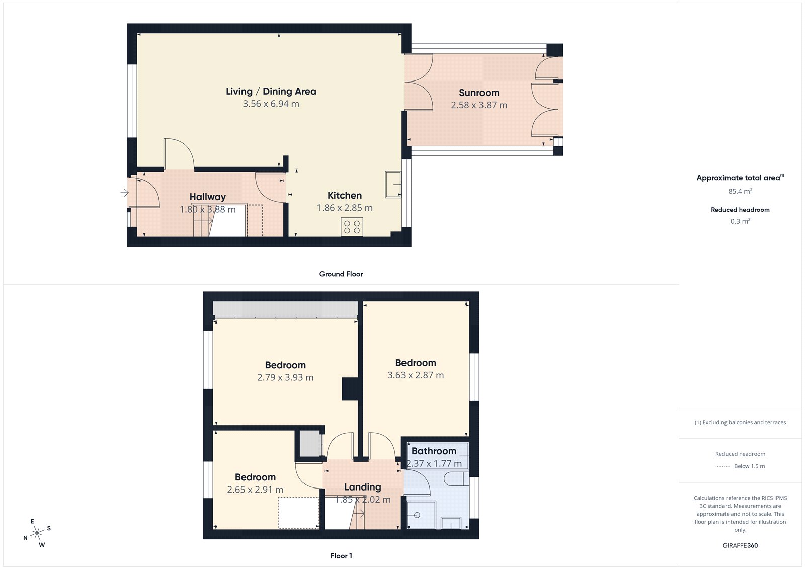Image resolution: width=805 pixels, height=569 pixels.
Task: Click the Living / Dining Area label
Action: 271,92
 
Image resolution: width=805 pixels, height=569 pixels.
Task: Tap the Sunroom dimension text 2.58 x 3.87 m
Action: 479,105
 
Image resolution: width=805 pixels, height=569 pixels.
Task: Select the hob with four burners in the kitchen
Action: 352,227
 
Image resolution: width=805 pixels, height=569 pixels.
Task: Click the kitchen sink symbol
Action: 393,185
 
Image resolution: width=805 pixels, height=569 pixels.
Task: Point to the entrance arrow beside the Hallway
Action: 124,193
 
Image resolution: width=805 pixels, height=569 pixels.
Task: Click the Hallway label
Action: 207,197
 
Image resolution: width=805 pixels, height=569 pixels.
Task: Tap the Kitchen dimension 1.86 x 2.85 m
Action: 345,208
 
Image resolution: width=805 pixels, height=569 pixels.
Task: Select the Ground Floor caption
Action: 341,274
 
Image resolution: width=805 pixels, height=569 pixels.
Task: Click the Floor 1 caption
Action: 341,556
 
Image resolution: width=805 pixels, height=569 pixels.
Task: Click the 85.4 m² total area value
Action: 740,191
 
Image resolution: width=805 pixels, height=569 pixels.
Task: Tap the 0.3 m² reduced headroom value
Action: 740,221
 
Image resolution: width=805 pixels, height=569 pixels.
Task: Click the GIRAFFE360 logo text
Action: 740,545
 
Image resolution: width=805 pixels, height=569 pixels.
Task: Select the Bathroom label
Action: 434,451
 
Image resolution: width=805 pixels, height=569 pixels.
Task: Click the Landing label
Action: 362,487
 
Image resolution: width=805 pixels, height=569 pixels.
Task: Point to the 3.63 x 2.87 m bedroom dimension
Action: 416,375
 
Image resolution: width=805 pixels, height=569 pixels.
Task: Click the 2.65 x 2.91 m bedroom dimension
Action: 255,490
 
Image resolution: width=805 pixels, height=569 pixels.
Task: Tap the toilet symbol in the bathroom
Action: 456,478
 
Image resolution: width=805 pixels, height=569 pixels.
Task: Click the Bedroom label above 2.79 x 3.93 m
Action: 285,365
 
